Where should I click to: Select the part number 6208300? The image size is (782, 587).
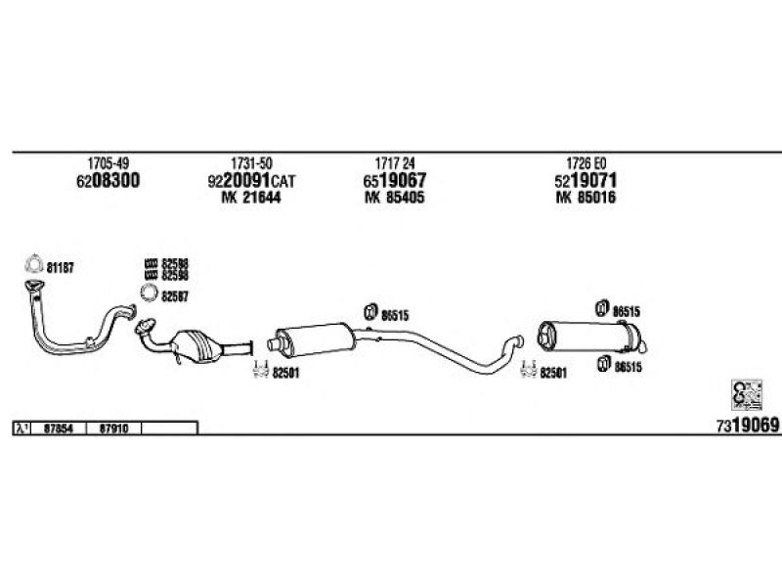pos(108,181)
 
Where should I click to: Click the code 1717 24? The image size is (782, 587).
pos(395,162)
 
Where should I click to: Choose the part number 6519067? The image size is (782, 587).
pos(396,181)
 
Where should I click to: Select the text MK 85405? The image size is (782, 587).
pos(395,198)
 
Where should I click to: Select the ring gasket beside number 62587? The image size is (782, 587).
pos(151,293)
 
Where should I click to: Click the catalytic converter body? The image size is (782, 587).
pos(200,345)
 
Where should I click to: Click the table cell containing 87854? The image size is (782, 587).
pos(59,428)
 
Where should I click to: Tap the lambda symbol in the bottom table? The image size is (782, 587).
pos(22,428)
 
